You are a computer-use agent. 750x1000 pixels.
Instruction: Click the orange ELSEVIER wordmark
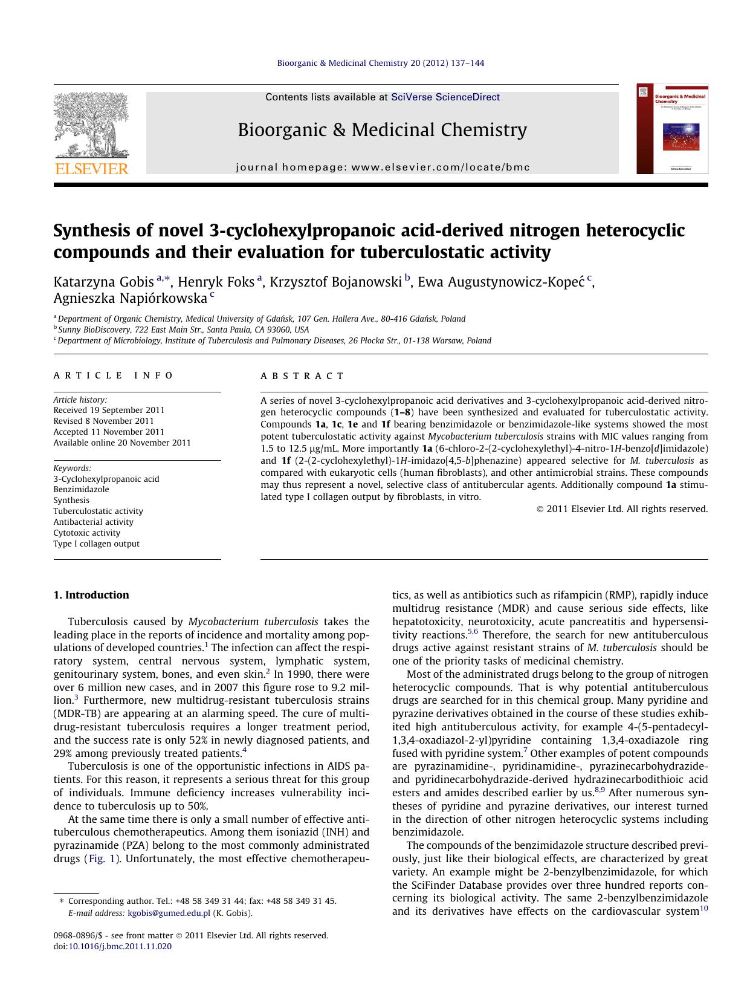click(92, 169)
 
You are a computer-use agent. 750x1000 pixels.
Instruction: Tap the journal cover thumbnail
click(672, 129)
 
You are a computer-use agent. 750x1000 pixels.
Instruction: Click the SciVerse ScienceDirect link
click(445, 97)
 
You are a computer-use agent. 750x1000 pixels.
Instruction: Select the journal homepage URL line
click(383, 167)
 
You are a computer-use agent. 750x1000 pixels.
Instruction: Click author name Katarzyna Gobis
click(103, 282)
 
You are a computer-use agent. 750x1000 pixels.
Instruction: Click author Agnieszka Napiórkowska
click(130, 298)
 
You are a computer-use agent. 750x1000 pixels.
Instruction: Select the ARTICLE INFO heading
click(113, 375)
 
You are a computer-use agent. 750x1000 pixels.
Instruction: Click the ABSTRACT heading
click(302, 376)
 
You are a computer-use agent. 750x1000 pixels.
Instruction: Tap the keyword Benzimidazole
click(81, 489)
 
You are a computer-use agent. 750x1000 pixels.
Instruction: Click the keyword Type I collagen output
click(96, 544)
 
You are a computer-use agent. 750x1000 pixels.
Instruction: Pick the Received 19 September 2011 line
click(109, 410)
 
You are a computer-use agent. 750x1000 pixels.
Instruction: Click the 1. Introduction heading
click(91, 595)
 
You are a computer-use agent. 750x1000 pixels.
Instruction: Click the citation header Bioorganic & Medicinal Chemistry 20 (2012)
click(380, 63)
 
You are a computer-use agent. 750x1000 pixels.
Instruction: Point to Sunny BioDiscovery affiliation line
click(183, 330)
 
